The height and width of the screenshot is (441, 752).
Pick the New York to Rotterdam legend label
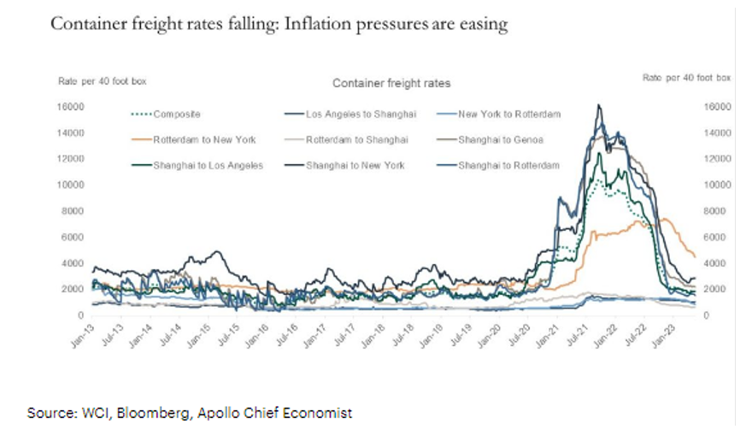point(499,114)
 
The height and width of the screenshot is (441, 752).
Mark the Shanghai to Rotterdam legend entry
point(508,165)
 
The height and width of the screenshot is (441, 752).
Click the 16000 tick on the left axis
point(70,107)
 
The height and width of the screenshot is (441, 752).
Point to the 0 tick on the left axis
point(80,315)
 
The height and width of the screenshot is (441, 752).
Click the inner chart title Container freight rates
point(391,83)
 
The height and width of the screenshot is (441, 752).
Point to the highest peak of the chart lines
point(598,105)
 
